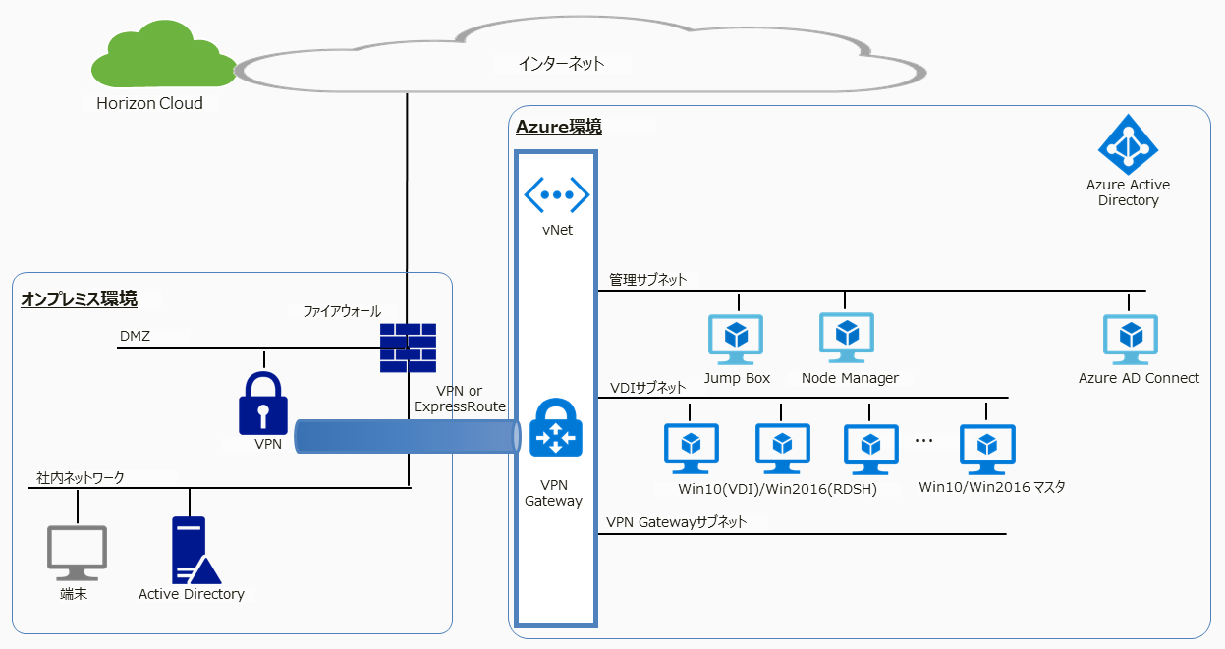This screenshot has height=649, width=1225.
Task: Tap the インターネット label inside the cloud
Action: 561,64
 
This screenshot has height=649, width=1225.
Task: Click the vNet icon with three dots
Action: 556,194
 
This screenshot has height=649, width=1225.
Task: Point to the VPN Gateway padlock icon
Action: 556,428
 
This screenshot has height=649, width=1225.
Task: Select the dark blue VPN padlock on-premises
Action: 264,403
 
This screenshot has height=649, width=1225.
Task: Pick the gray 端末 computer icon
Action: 77,554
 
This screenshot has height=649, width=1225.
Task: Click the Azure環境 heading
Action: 559,127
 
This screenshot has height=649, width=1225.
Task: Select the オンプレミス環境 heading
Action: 80,298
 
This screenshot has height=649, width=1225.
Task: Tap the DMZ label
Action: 136,336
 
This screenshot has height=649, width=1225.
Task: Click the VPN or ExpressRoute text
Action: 460,399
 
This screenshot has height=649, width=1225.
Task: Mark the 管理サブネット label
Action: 647,280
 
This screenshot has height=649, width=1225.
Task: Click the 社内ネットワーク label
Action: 81,477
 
